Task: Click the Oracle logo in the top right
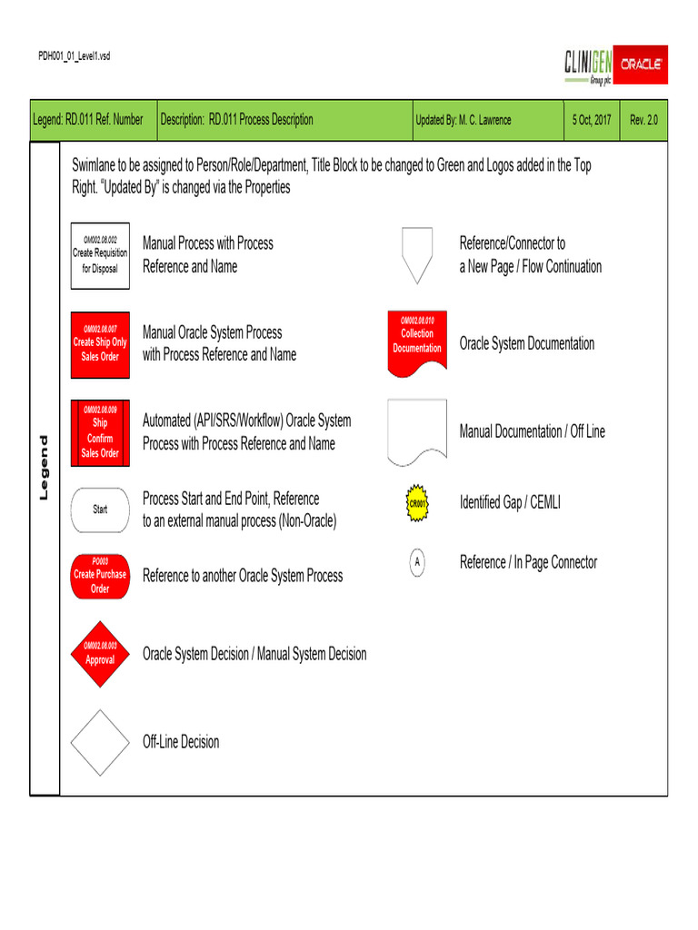click(x=641, y=65)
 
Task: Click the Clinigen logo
click(x=588, y=65)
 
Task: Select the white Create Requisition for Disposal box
click(x=100, y=255)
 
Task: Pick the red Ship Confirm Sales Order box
click(x=100, y=432)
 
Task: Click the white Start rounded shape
click(x=100, y=510)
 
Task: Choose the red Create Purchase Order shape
click(x=100, y=577)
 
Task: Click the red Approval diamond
click(x=100, y=655)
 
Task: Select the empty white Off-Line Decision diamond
click(x=100, y=742)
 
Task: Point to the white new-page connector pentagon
click(x=417, y=254)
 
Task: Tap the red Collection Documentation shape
click(x=417, y=342)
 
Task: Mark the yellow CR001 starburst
click(x=417, y=502)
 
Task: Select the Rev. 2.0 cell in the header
click(x=643, y=120)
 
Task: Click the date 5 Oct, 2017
click(x=592, y=120)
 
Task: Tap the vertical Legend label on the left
click(x=44, y=468)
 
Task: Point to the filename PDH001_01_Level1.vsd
click(x=74, y=56)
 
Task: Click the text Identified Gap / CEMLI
click(x=510, y=501)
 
